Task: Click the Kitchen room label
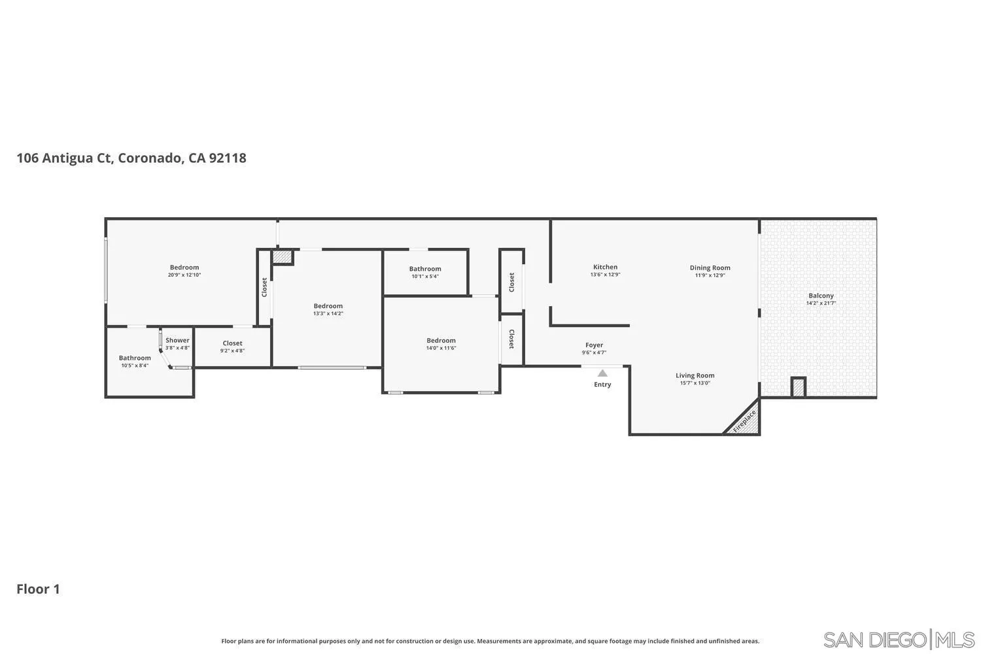[x=605, y=267]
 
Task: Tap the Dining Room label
[x=710, y=267]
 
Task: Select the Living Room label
[x=695, y=375]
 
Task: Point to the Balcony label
[x=821, y=296]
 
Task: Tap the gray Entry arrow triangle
[x=602, y=373]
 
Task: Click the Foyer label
[x=594, y=345]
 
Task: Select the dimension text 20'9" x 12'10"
[x=184, y=275]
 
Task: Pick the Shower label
[x=177, y=340]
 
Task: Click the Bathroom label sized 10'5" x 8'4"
[x=135, y=358]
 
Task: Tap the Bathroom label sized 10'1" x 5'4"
[x=425, y=269]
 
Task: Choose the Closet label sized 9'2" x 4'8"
[x=232, y=343]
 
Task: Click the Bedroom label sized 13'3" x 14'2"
[x=328, y=306]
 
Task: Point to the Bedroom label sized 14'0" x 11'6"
[x=441, y=340]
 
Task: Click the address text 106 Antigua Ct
[x=64, y=158]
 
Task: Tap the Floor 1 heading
[x=38, y=589]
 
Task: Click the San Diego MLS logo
[x=899, y=639]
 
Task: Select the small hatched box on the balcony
[x=798, y=387]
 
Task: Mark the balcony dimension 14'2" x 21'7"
[x=821, y=303]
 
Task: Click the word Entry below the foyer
[x=602, y=385]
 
